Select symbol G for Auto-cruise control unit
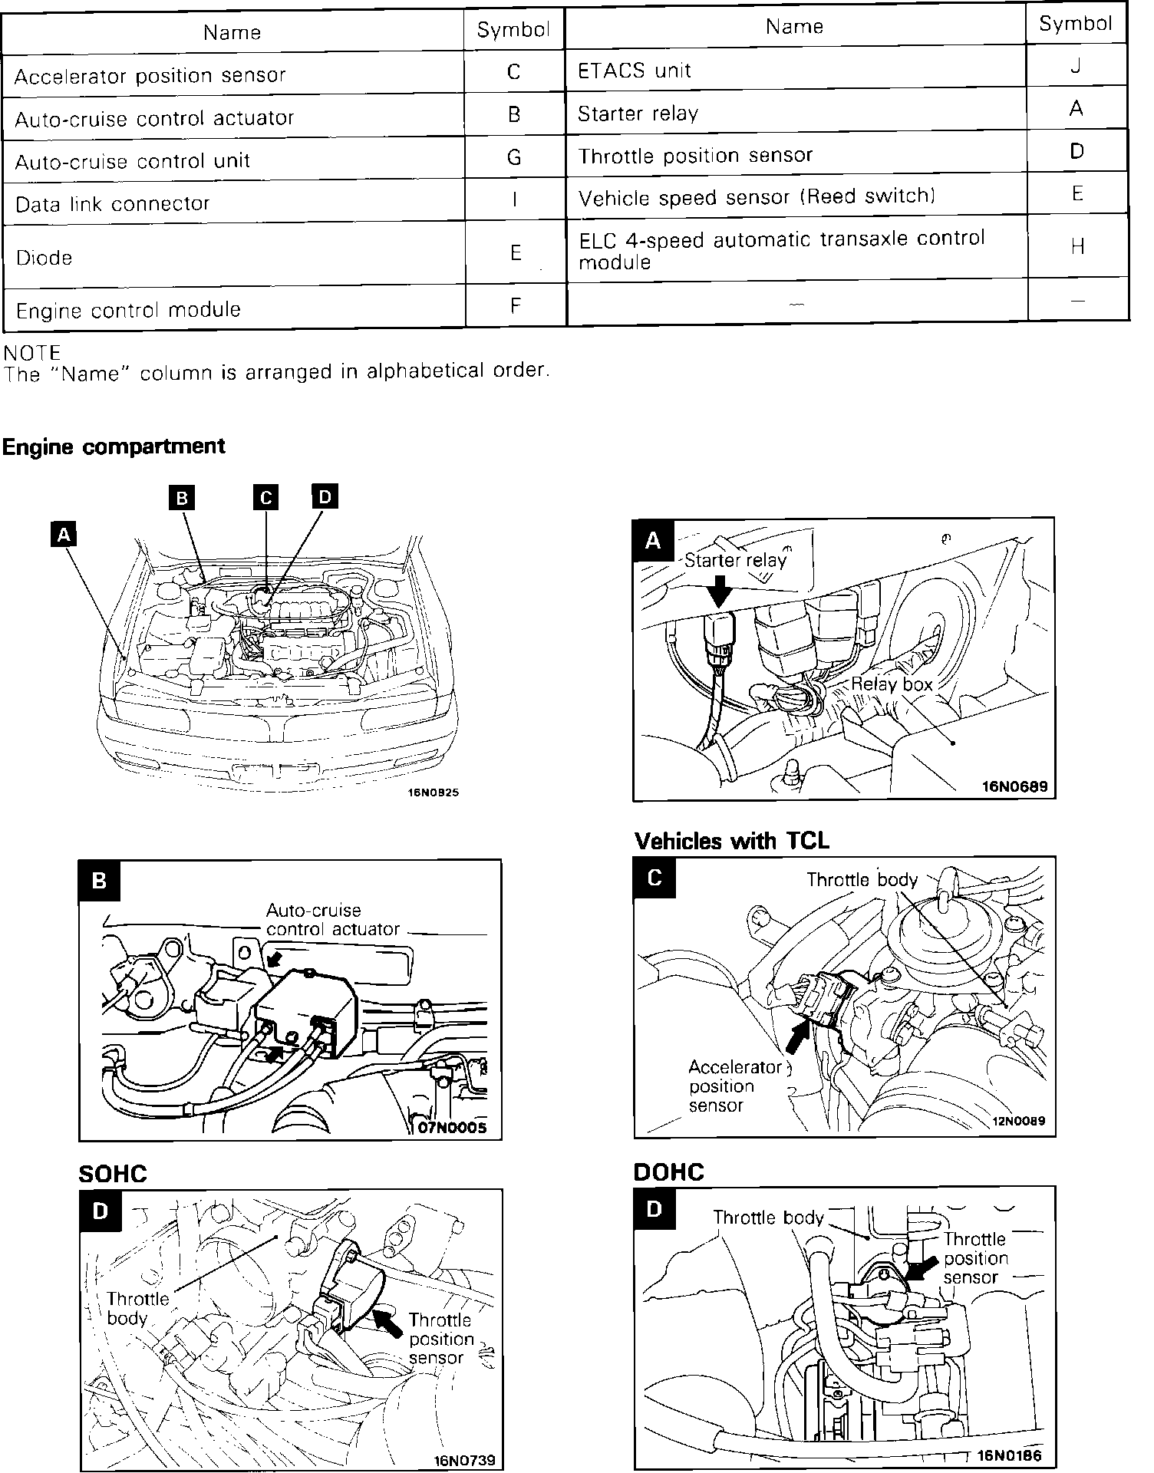pos(514,158)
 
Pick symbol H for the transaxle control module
pos(1077,246)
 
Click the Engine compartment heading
pos(114,447)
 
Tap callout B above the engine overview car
pos(182,499)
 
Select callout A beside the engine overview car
pos(64,534)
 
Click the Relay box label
pos(892,684)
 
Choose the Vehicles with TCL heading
pos(732,842)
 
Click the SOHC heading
pos(113,1174)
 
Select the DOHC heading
pos(668,1172)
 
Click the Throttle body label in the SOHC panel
pos(138,1308)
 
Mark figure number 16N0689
pos(1014,786)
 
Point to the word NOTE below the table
pos(32,353)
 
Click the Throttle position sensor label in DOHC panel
pos(975,1258)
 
